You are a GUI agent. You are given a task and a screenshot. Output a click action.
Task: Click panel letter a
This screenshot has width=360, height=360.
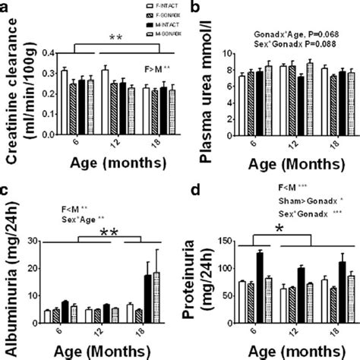8,7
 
